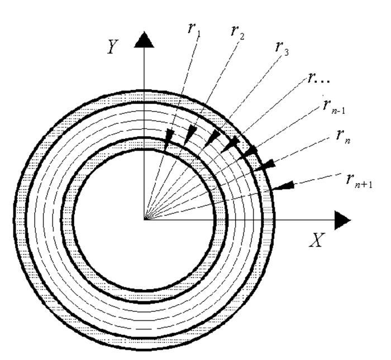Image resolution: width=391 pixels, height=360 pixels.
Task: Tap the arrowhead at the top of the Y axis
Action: click(145, 39)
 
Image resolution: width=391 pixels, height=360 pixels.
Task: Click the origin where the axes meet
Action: click(145, 219)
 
